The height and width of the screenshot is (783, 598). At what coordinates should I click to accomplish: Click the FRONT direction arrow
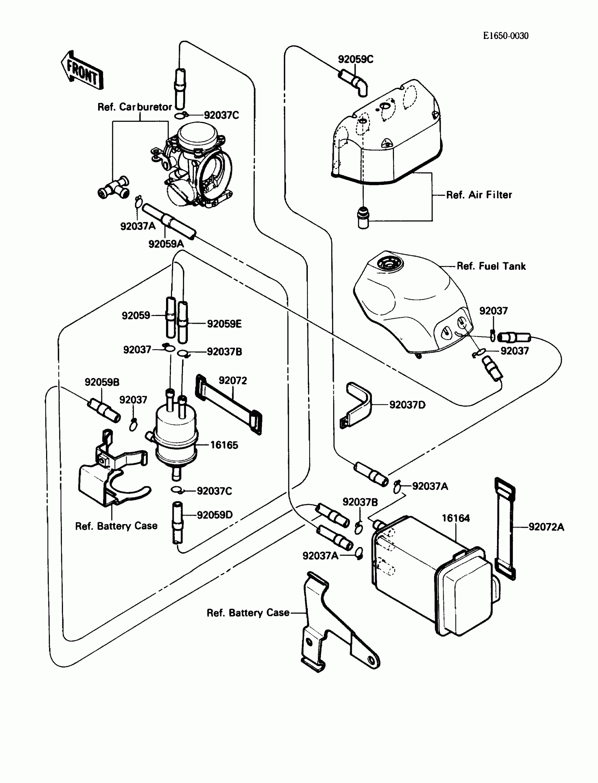(82, 70)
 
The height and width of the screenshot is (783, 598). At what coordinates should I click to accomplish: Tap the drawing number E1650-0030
(505, 36)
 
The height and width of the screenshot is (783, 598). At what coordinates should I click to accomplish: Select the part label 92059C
(355, 59)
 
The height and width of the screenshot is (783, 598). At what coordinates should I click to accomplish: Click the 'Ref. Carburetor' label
(134, 107)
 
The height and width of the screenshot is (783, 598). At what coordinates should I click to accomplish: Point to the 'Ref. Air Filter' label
(479, 194)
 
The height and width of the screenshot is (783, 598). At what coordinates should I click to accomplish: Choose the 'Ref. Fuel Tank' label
(491, 266)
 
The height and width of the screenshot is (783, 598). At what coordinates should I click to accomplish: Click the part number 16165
(224, 445)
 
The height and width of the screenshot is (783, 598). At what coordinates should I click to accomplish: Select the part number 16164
(456, 518)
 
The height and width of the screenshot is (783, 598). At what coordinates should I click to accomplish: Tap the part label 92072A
(546, 527)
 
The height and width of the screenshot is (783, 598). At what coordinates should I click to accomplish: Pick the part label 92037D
(407, 405)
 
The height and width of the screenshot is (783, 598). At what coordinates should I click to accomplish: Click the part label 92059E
(224, 324)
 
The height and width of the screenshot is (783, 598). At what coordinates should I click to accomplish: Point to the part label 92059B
(102, 382)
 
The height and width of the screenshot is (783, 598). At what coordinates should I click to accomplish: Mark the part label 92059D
(215, 515)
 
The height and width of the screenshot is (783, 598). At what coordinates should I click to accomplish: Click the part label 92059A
(166, 244)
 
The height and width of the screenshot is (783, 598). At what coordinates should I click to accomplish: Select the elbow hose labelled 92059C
(354, 82)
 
